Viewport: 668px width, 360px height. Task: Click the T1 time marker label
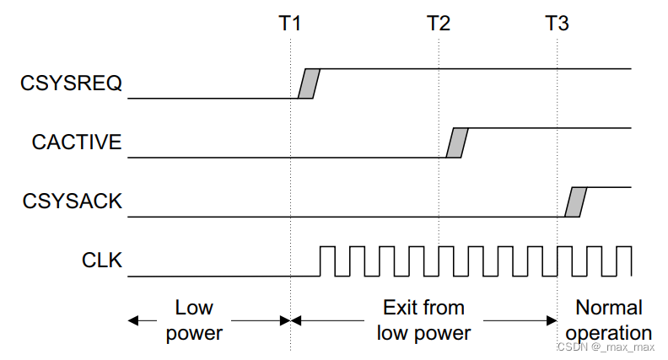click(x=290, y=23)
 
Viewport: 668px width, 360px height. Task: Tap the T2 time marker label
click(x=439, y=23)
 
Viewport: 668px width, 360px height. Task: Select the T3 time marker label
click(x=557, y=23)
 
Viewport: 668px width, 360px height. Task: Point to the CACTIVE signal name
click(x=77, y=142)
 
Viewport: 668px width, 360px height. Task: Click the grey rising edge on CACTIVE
click(x=456, y=142)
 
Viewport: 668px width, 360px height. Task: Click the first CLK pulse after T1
click(x=326, y=261)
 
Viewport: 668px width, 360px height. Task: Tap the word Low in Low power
click(x=194, y=308)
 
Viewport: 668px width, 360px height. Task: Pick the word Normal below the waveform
click(x=608, y=308)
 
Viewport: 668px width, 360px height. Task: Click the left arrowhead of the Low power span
click(x=132, y=320)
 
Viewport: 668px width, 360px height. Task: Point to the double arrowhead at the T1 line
click(x=290, y=320)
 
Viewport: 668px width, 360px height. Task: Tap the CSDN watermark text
click(x=605, y=347)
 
